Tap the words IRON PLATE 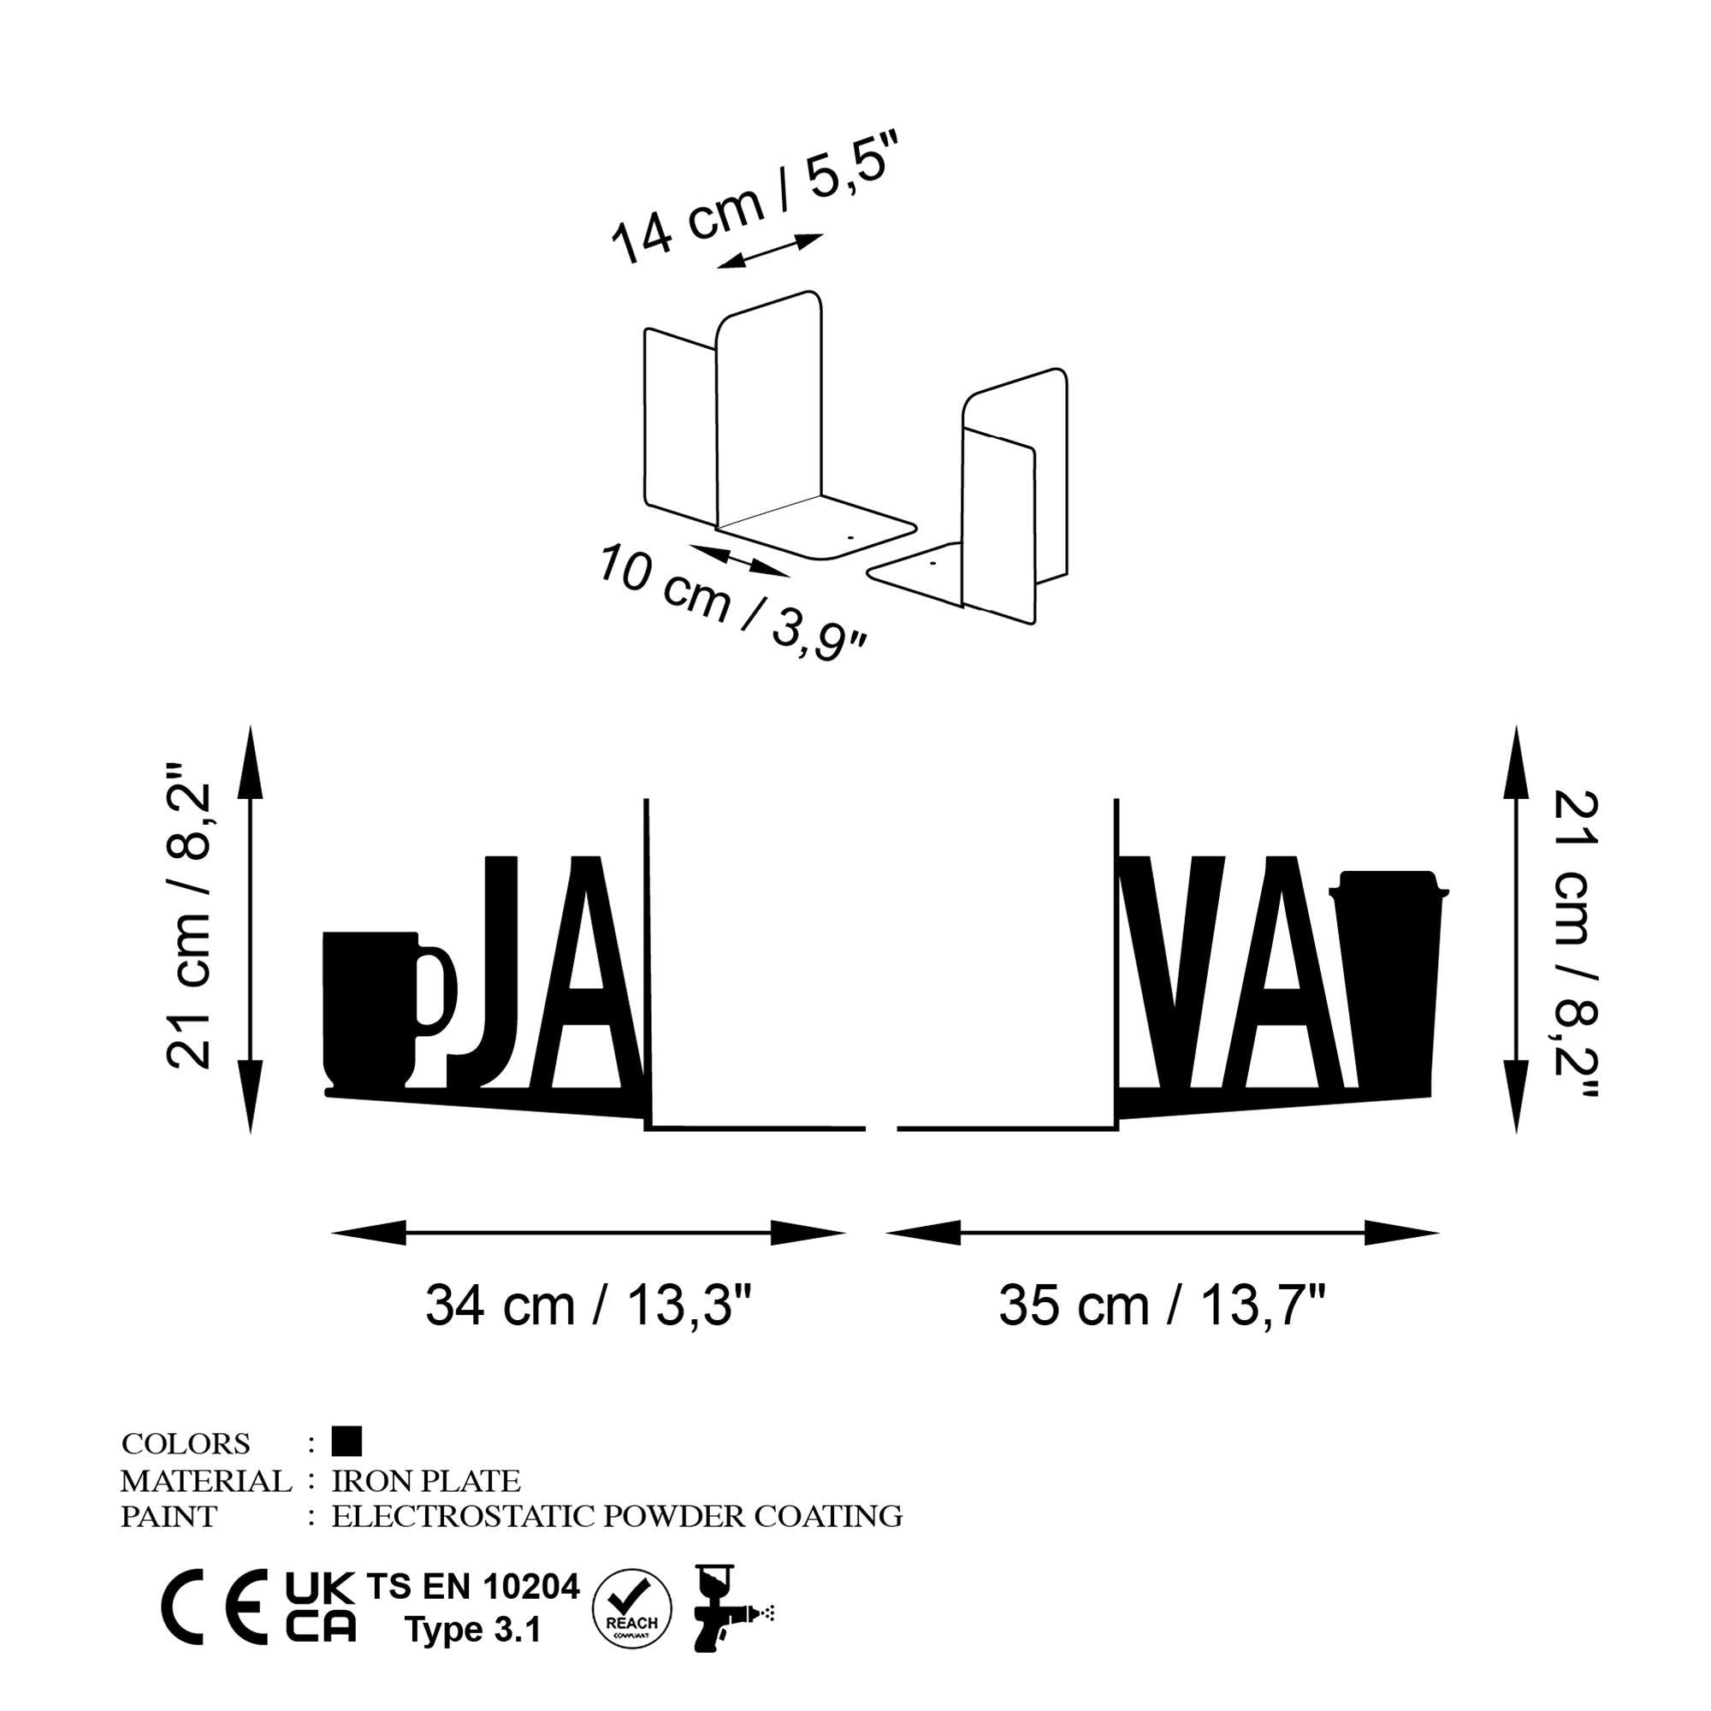[x=426, y=1480]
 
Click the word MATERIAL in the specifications [x=205, y=1480]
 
